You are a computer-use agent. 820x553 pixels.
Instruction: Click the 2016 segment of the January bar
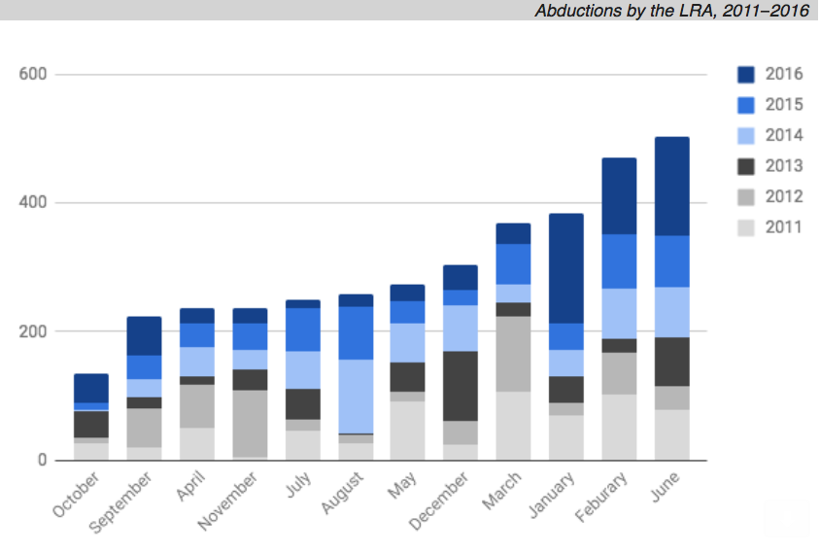tap(565, 268)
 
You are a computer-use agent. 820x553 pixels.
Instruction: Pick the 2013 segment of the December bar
tap(461, 386)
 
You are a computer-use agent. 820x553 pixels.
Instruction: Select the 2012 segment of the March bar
tap(513, 354)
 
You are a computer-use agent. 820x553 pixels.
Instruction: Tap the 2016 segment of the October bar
tap(91, 388)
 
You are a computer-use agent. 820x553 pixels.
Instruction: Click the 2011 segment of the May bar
tap(408, 431)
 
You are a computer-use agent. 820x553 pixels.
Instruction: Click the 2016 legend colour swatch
tap(747, 75)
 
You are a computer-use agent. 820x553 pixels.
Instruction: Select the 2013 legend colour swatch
tap(747, 166)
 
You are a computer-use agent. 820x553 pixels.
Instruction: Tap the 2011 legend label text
tap(783, 227)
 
